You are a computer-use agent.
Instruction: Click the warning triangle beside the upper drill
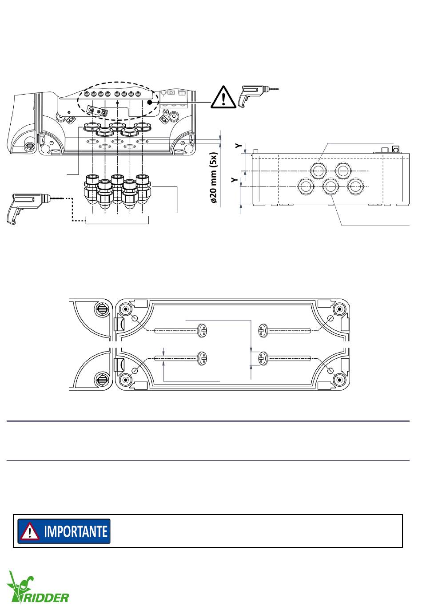pyautogui.click(x=223, y=97)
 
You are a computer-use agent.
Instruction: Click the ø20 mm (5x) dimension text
pyautogui.click(x=214, y=178)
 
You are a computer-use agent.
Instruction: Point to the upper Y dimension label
pyautogui.click(x=239, y=146)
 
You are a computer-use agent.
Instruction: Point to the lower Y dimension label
pyautogui.click(x=234, y=180)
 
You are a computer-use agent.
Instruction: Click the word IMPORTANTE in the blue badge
pyautogui.click(x=76, y=531)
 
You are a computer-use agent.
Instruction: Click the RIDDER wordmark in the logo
pyautogui.click(x=45, y=598)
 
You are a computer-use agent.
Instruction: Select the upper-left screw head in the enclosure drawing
pyautogui.click(x=202, y=330)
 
